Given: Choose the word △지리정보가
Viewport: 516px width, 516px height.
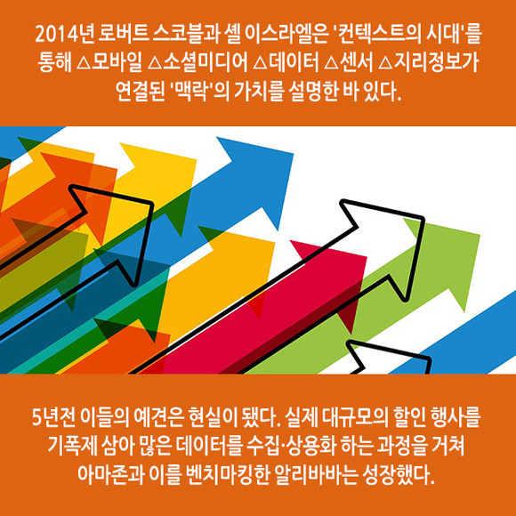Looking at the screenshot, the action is (x=428, y=63).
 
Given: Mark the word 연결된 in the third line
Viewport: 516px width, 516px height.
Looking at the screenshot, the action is (x=141, y=92).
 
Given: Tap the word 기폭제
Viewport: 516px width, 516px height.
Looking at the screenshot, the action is (x=73, y=447).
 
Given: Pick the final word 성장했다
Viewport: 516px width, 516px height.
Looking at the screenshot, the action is (x=399, y=474).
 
